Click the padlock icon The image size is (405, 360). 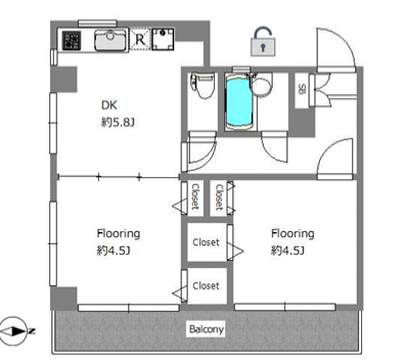tap(263, 41)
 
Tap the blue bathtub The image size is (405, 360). tap(238, 103)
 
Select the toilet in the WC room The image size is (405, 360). tap(202, 86)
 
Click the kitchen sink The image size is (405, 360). tap(110, 40)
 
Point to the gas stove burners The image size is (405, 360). tap(72, 40)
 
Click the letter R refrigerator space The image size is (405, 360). tap(140, 40)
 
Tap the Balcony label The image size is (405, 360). tap(206, 329)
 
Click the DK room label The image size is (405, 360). tap(109, 105)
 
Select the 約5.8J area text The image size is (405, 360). tap(118, 123)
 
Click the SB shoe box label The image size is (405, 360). tap(302, 90)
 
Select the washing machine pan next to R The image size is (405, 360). tap(163, 39)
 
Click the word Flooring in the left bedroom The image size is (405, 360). tap(118, 234)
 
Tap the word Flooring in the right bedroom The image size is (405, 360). tap(293, 234)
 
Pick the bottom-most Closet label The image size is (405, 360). tap(206, 286)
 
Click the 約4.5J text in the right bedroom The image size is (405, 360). tap(288, 250)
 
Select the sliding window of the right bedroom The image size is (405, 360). tap(285, 307)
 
